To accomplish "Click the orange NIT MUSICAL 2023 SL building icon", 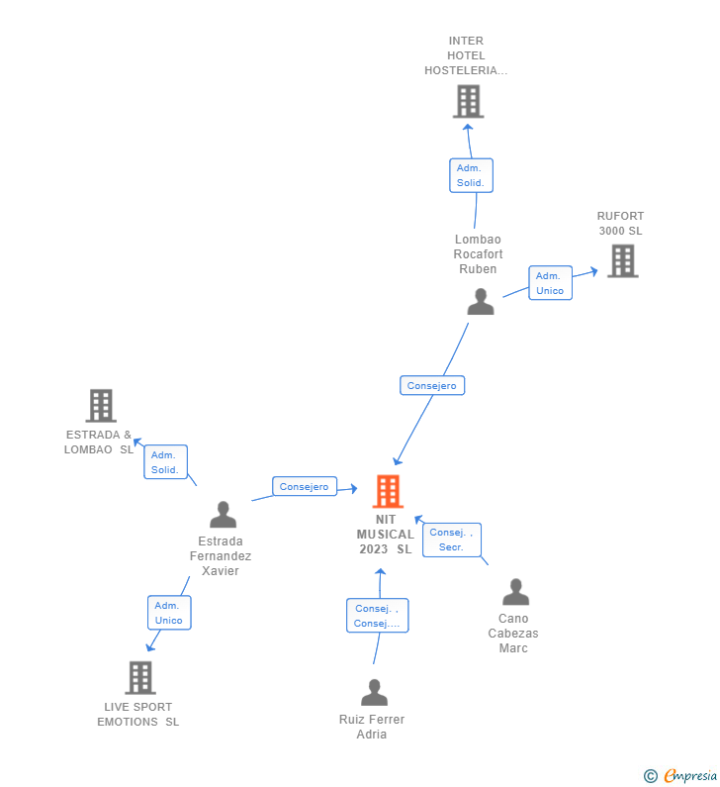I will tap(388, 491).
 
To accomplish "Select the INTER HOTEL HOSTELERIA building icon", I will tap(468, 101).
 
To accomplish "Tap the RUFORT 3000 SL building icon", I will tap(622, 260).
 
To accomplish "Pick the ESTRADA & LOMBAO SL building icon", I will tap(101, 405).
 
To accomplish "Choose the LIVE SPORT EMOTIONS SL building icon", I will tap(140, 677).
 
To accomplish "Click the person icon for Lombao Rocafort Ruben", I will tap(481, 302).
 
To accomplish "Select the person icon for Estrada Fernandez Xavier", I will tap(224, 515).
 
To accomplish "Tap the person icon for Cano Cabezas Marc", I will tap(515, 592).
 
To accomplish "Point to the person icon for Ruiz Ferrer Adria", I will tap(374, 692).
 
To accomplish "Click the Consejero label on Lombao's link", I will tap(432, 385).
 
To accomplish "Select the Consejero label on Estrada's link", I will tap(304, 486).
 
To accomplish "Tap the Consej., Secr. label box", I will tap(452, 540).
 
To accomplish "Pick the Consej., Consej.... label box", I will tap(377, 616).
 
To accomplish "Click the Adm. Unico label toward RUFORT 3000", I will tap(550, 283).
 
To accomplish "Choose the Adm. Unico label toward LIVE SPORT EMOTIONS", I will tap(168, 613).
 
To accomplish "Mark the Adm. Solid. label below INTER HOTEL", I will tap(470, 175).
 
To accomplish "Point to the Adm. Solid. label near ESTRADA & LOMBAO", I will tap(165, 462).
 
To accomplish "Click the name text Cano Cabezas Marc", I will tap(513, 634).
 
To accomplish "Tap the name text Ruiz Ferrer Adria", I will tap(372, 727).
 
